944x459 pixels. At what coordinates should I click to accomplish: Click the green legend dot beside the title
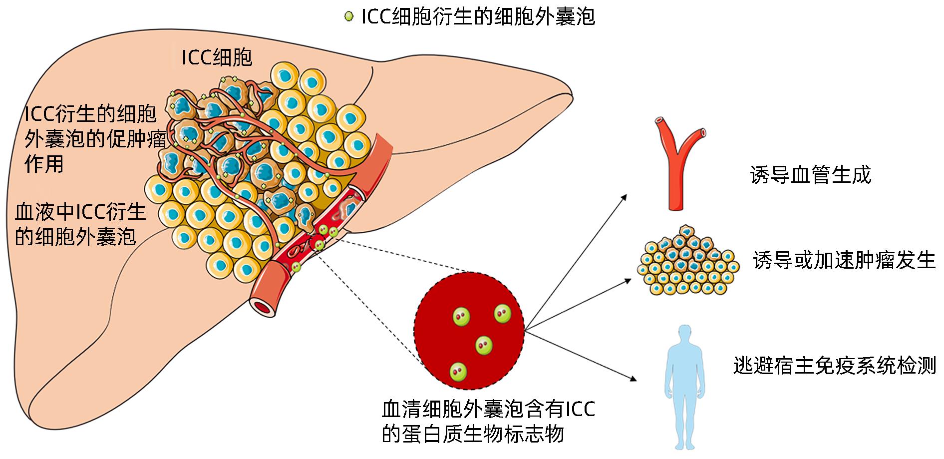point(348,17)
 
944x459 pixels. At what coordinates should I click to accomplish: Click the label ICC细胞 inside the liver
point(217,58)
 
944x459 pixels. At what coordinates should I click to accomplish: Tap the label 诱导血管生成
point(810,175)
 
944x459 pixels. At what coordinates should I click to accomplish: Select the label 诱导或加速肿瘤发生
point(844,260)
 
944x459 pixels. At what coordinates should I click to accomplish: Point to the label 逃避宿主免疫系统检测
point(834,366)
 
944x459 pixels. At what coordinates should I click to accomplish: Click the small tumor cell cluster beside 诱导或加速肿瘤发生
point(688,262)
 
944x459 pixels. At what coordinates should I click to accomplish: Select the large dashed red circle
point(469,331)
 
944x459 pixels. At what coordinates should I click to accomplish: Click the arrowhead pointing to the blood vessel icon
point(625,196)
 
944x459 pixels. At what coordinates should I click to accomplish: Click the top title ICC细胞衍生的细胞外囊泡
point(478,17)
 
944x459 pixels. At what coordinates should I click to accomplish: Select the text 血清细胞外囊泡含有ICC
point(488,410)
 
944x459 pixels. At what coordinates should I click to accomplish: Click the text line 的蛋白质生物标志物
point(472,434)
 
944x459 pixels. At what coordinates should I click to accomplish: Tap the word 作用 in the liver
point(44,163)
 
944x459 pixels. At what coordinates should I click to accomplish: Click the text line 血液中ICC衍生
point(80,212)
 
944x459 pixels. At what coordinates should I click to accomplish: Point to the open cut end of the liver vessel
point(263,307)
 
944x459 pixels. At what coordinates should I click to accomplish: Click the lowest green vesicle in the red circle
point(458,371)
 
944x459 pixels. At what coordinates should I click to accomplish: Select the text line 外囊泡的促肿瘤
point(95,139)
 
